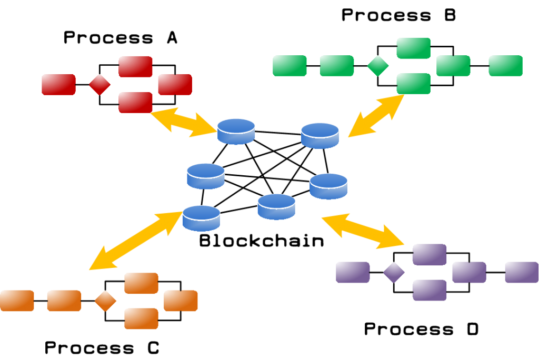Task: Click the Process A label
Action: [120, 38]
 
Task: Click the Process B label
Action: [398, 15]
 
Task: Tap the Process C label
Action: [102, 348]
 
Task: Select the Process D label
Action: [422, 329]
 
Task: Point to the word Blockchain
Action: [262, 242]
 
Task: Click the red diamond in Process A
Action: [99, 84]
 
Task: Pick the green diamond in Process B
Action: [378, 66]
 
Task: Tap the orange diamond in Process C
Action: [105, 301]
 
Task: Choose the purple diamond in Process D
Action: [393, 272]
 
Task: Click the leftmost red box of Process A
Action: [58, 84]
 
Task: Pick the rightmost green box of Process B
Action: [505, 66]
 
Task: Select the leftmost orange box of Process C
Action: [17, 301]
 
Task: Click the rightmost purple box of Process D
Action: [522, 272]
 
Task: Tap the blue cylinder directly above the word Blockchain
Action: [276, 207]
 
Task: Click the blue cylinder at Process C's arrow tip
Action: [201, 218]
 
